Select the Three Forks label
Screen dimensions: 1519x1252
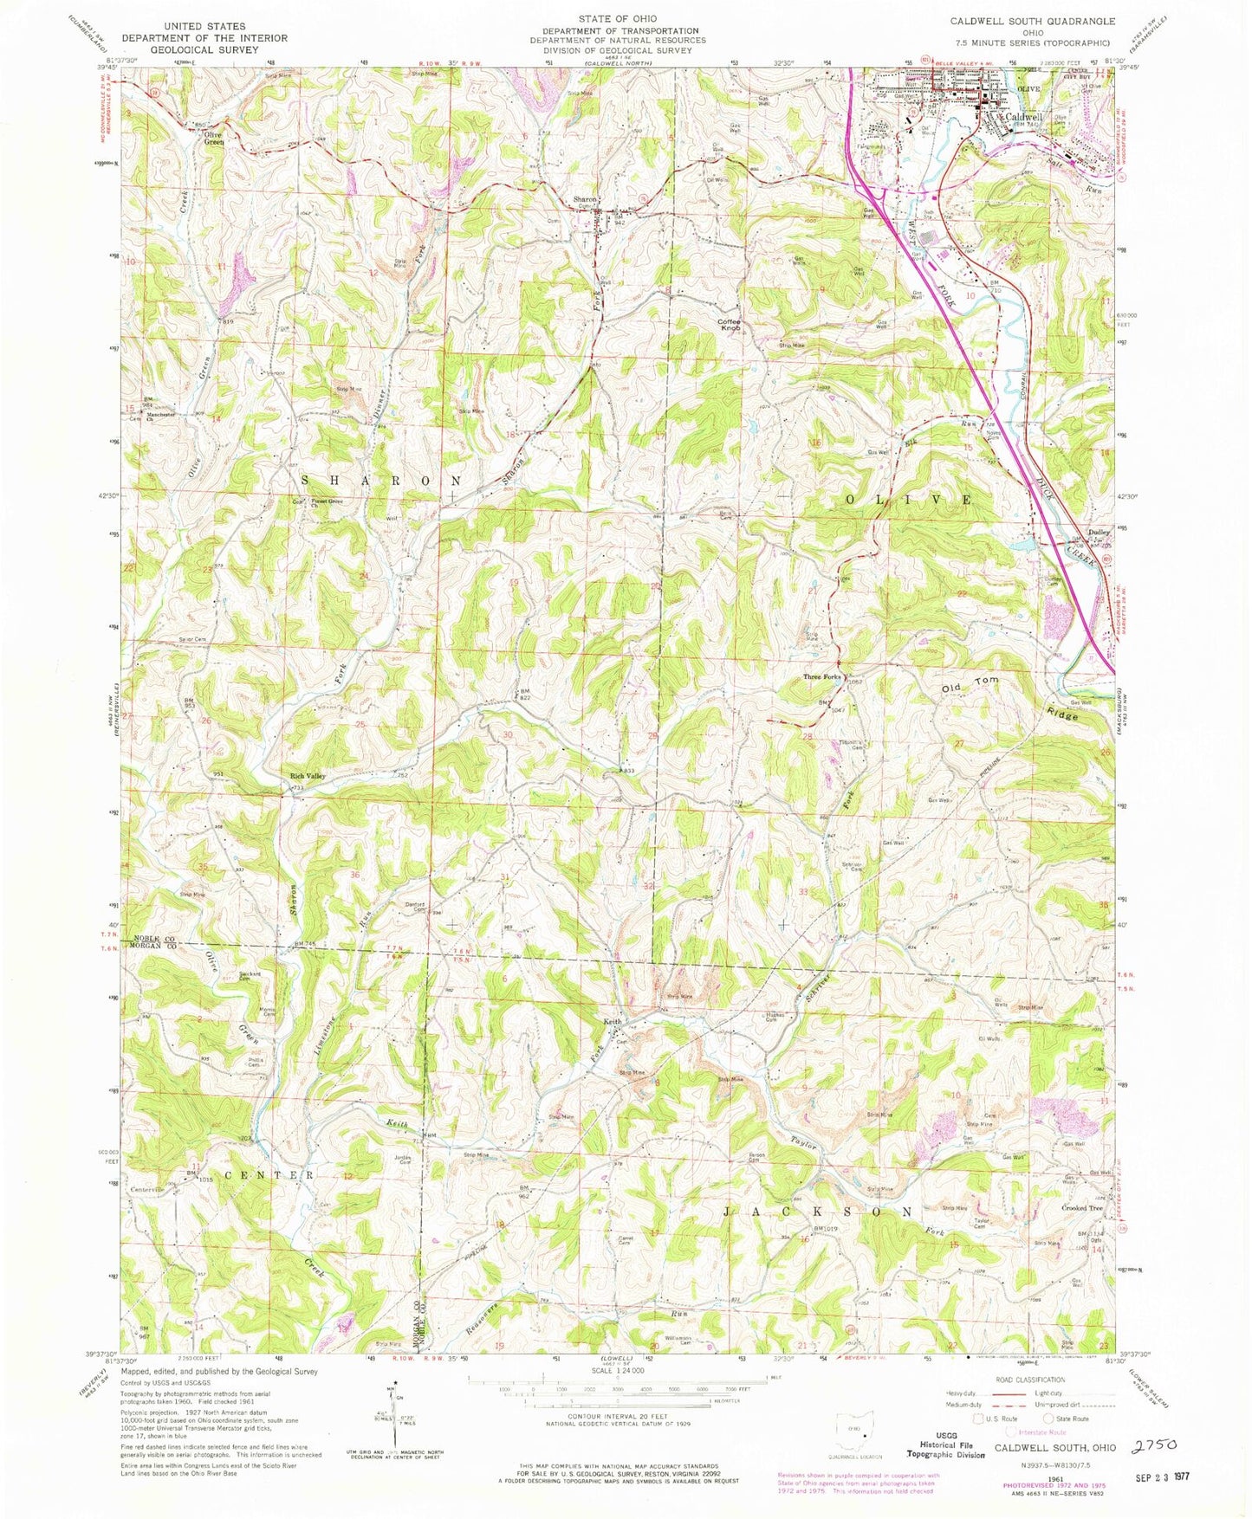coord(821,676)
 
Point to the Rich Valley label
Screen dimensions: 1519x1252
coord(308,776)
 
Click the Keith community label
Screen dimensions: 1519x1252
coord(613,1022)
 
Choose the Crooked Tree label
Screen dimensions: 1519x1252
coord(1082,1207)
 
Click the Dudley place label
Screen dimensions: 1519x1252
coord(1099,533)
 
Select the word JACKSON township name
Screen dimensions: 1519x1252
coord(817,1211)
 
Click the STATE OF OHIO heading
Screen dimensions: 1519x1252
coord(618,18)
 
